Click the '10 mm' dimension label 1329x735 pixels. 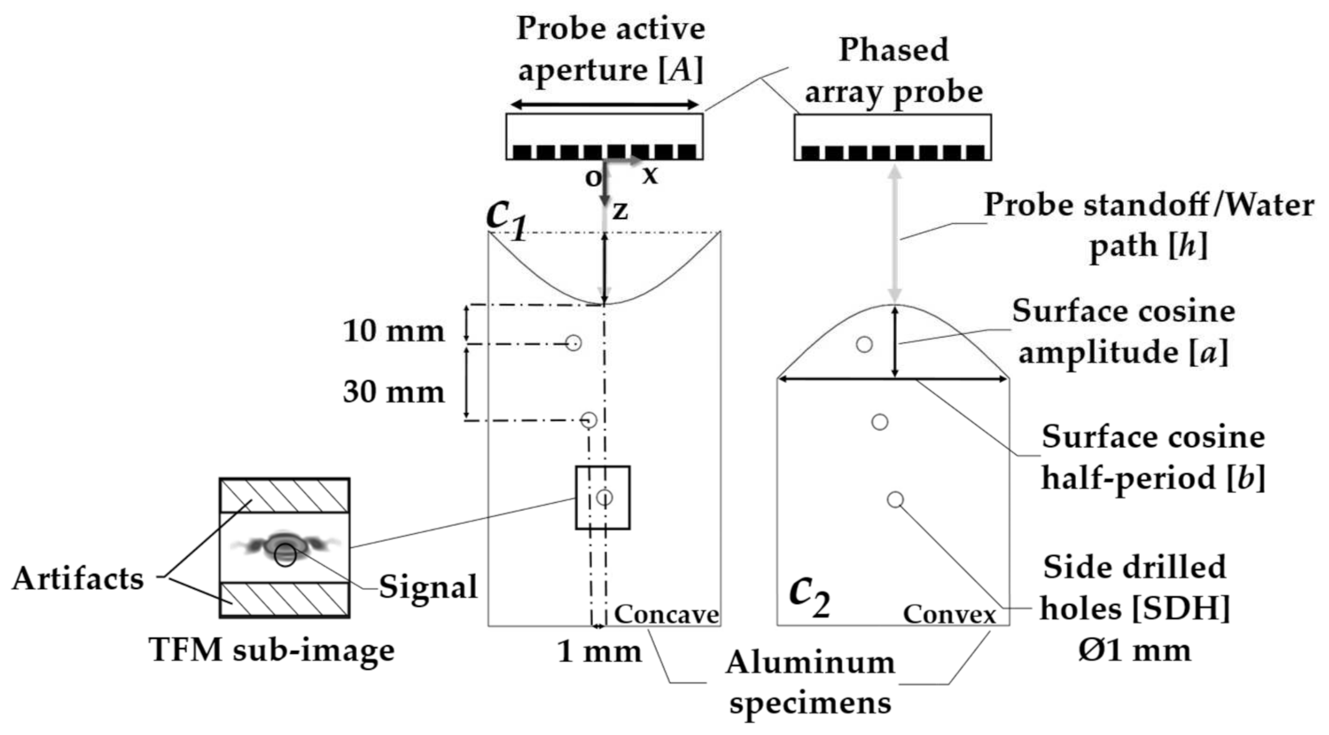click(394, 331)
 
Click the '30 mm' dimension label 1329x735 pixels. click(394, 392)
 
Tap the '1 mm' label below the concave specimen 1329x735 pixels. click(599, 651)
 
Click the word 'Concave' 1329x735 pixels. click(666, 615)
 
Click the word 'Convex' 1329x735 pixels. click(949, 615)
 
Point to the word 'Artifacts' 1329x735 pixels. click(78, 578)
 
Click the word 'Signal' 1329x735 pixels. click(428, 587)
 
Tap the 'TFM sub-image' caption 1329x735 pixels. click(271, 650)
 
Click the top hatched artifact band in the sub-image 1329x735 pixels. click(284, 496)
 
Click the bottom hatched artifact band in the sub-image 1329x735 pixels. click(284, 599)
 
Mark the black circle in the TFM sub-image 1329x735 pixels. click(286, 555)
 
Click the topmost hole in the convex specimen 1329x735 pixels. click(864, 344)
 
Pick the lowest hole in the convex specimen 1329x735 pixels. click(895, 500)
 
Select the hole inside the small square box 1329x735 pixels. click(604, 497)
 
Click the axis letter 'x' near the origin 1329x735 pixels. click(650, 175)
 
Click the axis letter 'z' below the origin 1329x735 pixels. click(619, 211)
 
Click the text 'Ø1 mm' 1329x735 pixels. click(1134, 650)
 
